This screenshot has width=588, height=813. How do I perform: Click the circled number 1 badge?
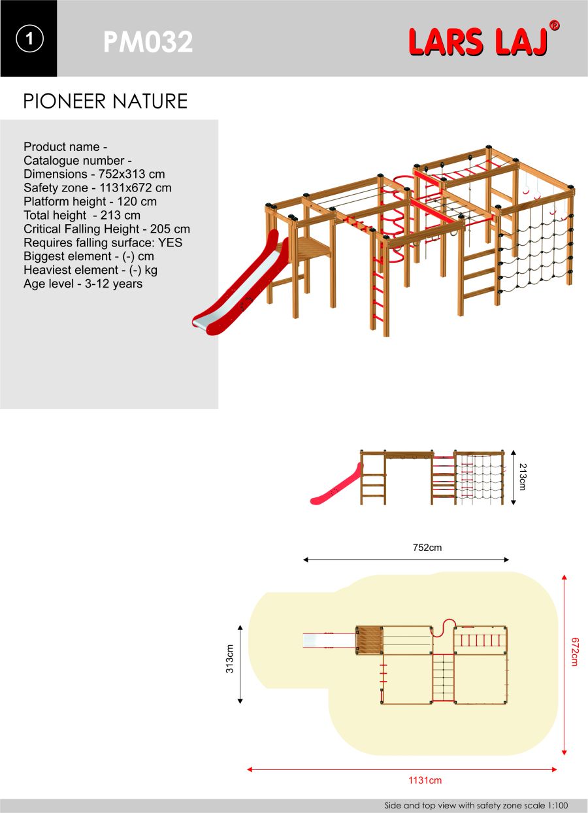[29, 39]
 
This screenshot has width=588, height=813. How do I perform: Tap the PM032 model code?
[148, 42]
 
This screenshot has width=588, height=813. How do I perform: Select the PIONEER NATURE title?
[105, 101]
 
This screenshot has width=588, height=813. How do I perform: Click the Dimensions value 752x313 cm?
[132, 174]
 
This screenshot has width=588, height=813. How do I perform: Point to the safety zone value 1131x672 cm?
[135, 188]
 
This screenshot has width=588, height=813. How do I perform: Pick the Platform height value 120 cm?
[137, 201]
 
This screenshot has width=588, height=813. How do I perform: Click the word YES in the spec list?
[170, 242]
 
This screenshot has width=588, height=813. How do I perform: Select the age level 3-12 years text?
[114, 284]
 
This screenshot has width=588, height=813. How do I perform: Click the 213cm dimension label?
[523, 476]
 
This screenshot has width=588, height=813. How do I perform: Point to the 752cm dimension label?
[427, 547]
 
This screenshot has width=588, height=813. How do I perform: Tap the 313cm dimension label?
[230, 659]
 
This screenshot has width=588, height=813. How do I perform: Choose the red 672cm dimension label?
[574, 652]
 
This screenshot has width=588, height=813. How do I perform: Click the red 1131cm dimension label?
[425, 780]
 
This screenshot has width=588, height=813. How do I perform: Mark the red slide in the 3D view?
[241, 283]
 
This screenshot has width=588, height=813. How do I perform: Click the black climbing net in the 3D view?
[534, 250]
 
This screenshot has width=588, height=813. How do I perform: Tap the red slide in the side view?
[336, 485]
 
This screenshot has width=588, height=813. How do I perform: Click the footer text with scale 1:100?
[476, 805]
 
